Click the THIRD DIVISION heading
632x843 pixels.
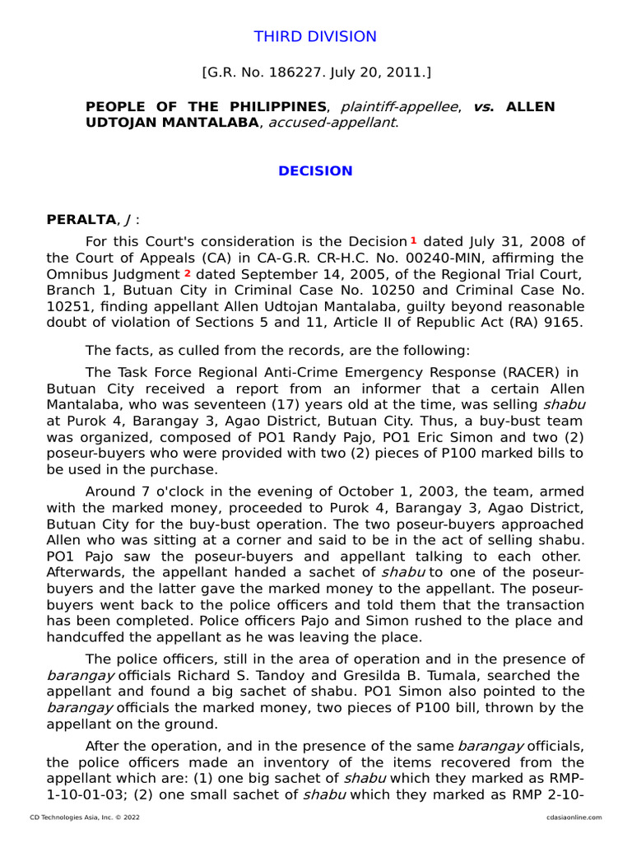click(315, 37)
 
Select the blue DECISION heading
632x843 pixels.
click(315, 171)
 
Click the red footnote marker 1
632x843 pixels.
click(413, 240)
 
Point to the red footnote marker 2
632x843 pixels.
click(188, 272)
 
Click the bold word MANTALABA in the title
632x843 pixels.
click(213, 123)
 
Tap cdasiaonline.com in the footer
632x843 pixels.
click(574, 817)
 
